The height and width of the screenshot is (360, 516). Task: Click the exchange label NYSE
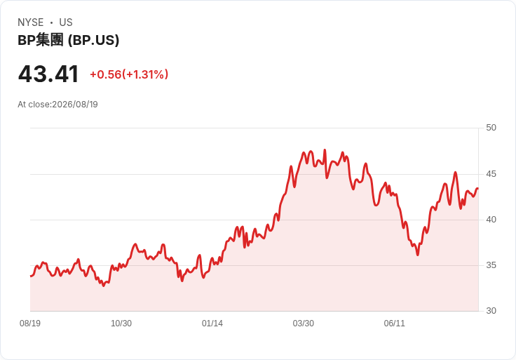(x=31, y=22)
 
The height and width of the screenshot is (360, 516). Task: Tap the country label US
(x=66, y=22)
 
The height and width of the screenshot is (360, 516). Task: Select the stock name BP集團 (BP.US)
(x=69, y=40)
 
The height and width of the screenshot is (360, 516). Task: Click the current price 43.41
(x=48, y=74)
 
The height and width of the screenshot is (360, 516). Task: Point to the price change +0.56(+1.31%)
(x=129, y=74)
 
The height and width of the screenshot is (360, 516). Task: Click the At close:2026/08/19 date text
(x=57, y=105)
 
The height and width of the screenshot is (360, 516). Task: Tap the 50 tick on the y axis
(x=491, y=128)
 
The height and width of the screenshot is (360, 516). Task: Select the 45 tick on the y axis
(x=491, y=174)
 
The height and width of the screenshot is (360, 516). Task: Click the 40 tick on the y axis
(x=491, y=220)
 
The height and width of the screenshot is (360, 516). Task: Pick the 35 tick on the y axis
(x=491, y=265)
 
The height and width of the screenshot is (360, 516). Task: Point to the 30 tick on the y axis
(x=491, y=311)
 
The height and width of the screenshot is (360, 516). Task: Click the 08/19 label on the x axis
(x=30, y=324)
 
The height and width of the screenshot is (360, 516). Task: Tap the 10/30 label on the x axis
(x=121, y=324)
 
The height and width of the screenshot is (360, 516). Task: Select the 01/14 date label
(x=212, y=324)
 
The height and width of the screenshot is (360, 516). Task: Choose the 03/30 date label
(x=303, y=324)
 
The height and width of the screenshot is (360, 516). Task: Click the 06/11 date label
(x=394, y=324)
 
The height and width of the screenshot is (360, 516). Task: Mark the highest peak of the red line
(x=325, y=150)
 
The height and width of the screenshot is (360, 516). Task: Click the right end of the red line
(x=478, y=188)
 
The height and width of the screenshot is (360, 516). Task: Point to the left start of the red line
(x=31, y=276)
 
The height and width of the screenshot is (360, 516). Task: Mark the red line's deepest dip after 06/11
(x=418, y=255)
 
